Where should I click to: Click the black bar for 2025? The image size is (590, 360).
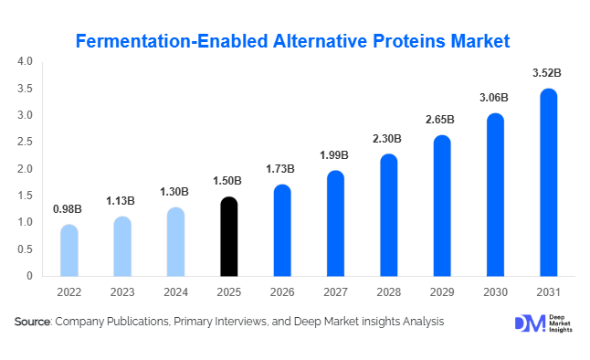tap(229, 237)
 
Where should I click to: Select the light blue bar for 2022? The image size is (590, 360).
tap(69, 250)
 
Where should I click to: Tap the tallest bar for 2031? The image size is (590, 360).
tap(548, 183)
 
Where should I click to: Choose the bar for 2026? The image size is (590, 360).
tap(282, 230)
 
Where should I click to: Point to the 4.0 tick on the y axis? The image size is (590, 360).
tap(25, 62)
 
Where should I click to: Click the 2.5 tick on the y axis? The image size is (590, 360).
tap(25, 143)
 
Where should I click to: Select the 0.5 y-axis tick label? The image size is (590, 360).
tap(25, 249)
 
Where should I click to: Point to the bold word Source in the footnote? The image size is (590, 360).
tap(33, 322)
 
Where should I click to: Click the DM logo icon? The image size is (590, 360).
tap(528, 323)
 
